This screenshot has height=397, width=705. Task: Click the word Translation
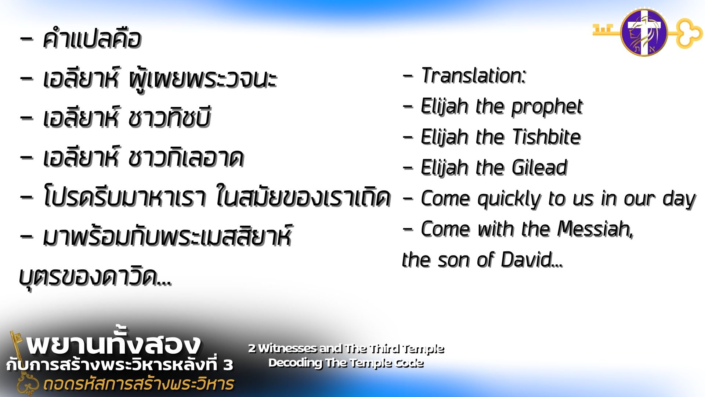pyautogui.click(x=473, y=76)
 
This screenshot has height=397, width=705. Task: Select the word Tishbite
pyautogui.click(x=546, y=137)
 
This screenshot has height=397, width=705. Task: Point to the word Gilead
pyautogui.click(x=540, y=168)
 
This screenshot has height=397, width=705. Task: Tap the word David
pyautogui.click(x=532, y=260)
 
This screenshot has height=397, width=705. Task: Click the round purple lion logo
pyautogui.click(x=644, y=32)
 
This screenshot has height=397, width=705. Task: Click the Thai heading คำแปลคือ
pyautogui.click(x=92, y=39)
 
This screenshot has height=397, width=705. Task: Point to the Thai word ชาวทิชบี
pyautogui.click(x=170, y=118)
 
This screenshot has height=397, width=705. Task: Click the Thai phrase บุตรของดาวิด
pyautogui.click(x=95, y=276)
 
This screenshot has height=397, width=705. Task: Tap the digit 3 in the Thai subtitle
pyautogui.click(x=228, y=365)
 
